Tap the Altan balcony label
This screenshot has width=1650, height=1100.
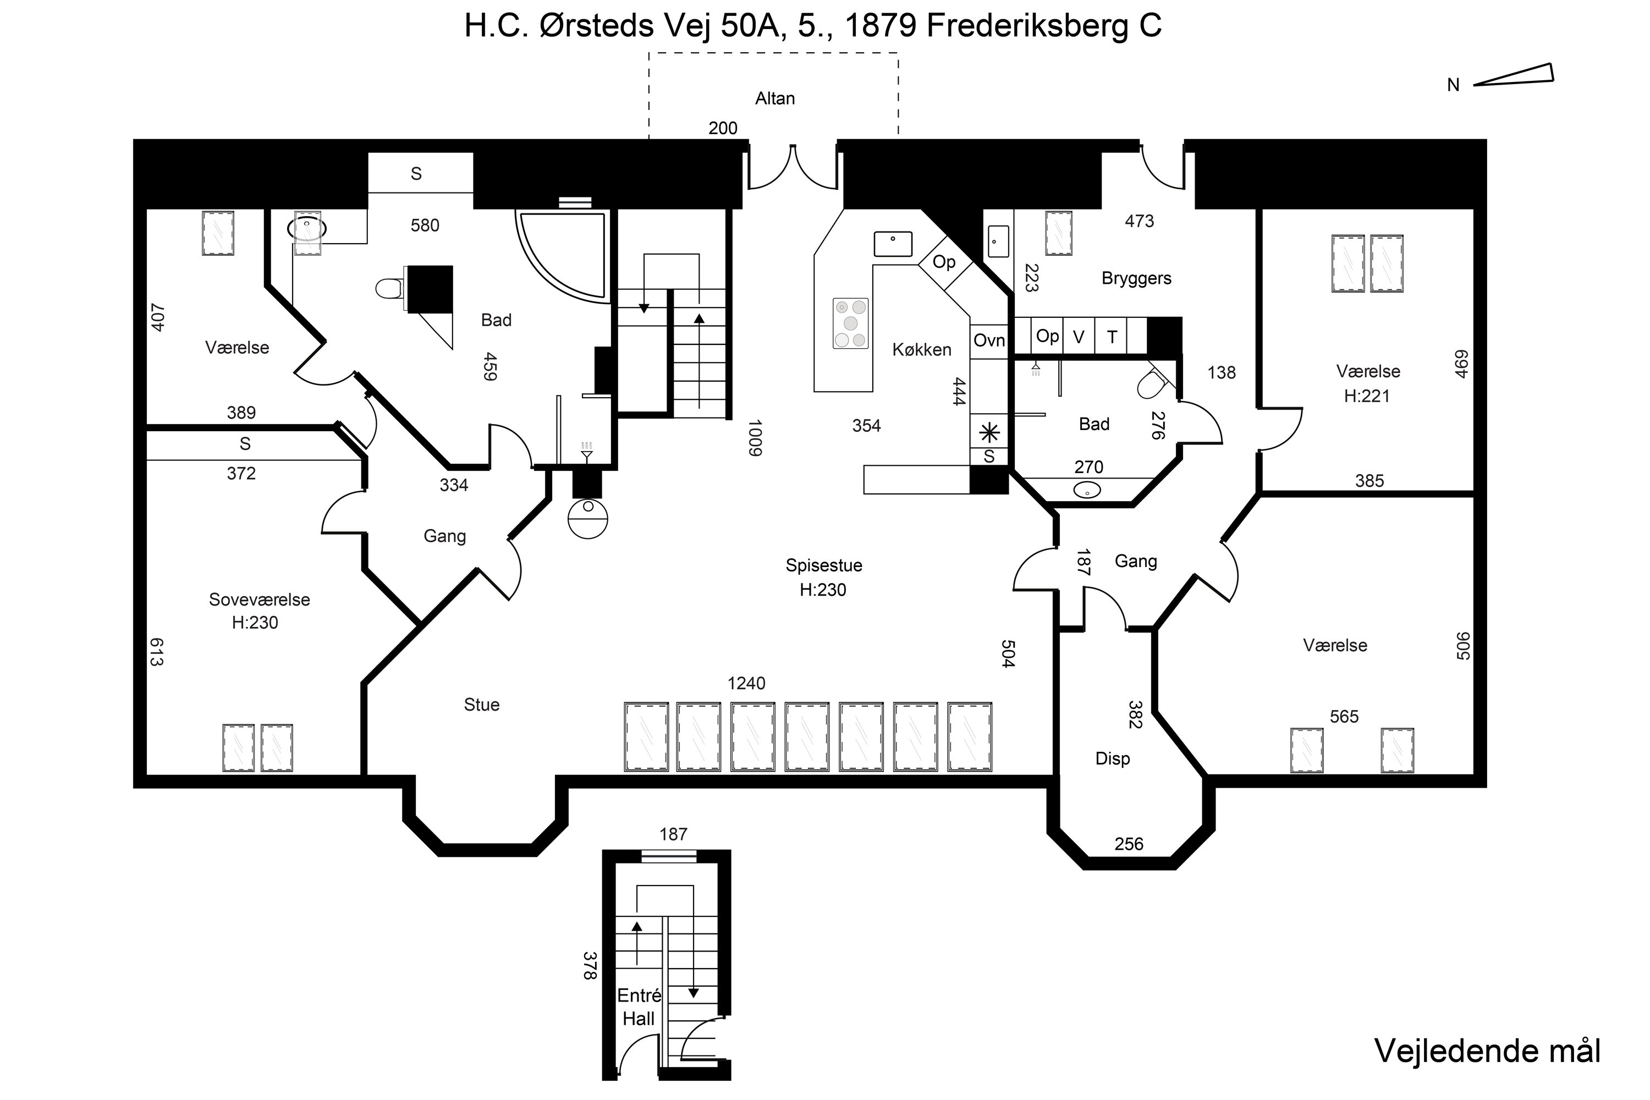[774, 99]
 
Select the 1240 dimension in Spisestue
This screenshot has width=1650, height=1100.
[746, 683]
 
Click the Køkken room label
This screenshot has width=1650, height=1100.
[921, 350]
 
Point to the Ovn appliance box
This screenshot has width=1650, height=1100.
[988, 341]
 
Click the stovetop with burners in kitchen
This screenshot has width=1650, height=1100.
[850, 323]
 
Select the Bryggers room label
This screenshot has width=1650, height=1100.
[1136, 278]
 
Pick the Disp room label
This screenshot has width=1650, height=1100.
[1113, 758]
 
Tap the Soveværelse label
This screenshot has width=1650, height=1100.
[259, 600]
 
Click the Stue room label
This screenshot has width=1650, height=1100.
[481, 705]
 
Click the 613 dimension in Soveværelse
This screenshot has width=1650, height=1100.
[156, 652]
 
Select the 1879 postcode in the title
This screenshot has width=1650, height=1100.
[881, 26]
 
